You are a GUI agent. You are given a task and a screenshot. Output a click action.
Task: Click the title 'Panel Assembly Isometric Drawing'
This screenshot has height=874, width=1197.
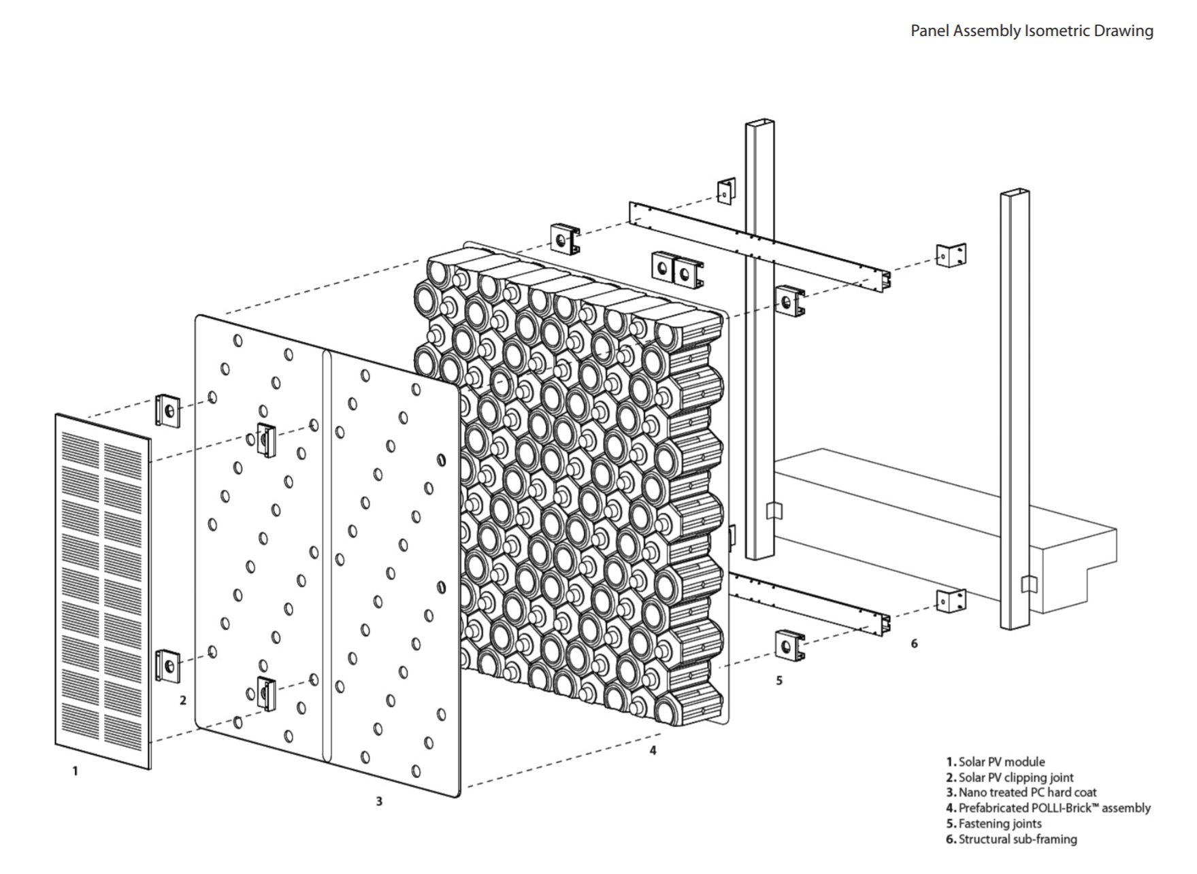click(1031, 31)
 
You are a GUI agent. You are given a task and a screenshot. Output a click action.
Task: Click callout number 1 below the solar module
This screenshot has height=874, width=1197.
click(75, 771)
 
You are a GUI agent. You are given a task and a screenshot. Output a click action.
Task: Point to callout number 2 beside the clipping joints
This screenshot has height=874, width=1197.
click(182, 700)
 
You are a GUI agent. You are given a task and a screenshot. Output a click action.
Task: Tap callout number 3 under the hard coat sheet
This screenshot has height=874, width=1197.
click(379, 801)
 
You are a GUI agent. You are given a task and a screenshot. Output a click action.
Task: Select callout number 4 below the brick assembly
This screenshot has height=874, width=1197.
click(653, 750)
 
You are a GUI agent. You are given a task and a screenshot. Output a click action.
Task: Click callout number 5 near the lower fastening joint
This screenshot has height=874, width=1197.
click(779, 680)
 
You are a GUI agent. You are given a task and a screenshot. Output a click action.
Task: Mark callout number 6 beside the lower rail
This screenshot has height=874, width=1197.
click(914, 643)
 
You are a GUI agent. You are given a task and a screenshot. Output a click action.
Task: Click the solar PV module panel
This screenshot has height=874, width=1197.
click(103, 590)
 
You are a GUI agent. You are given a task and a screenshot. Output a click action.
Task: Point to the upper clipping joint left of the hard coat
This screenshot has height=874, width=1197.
click(167, 411)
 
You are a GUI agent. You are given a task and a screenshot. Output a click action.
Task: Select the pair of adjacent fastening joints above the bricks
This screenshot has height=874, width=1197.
click(677, 270)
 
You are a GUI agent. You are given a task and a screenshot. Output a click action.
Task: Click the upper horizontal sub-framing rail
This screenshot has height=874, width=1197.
click(759, 246)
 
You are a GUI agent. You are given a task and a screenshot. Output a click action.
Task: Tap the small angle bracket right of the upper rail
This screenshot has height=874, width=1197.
click(951, 255)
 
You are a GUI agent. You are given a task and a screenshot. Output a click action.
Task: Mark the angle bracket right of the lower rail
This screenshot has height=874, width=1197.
click(951, 601)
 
